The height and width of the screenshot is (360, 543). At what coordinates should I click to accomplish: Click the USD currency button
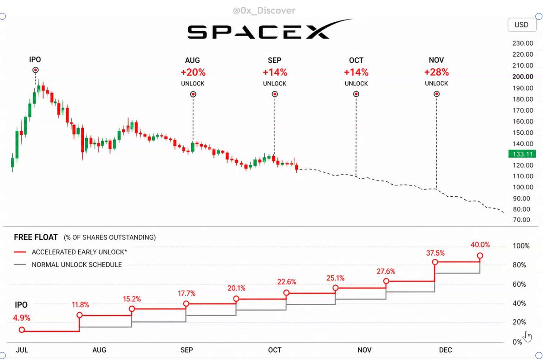click(522, 25)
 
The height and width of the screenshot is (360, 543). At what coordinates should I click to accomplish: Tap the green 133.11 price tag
click(522, 154)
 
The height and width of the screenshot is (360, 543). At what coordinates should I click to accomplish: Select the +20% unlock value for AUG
click(193, 72)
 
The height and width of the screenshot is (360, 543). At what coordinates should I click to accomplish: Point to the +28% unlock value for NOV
click(436, 72)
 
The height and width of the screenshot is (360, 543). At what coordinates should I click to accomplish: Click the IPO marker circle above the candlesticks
click(35, 70)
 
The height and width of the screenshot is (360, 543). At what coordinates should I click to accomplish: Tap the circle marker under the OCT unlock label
click(356, 94)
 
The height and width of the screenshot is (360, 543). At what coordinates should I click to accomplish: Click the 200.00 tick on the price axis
click(523, 76)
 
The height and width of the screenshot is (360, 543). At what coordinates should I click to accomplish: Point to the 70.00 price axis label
click(521, 220)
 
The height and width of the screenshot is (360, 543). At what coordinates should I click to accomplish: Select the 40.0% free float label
click(480, 245)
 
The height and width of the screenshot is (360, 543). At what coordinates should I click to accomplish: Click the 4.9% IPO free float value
click(22, 317)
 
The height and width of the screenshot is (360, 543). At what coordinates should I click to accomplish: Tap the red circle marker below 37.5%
click(435, 262)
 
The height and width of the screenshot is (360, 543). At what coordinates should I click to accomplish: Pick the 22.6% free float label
click(286, 282)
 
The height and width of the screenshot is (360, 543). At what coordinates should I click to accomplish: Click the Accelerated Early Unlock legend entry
click(70, 252)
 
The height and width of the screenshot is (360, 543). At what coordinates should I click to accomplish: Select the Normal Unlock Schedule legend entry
click(68, 265)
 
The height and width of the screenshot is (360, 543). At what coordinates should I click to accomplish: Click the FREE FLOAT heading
click(36, 237)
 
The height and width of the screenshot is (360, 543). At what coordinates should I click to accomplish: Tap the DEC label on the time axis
click(446, 350)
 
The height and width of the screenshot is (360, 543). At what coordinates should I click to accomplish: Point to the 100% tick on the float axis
click(521, 246)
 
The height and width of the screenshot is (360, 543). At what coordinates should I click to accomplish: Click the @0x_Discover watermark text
click(264, 10)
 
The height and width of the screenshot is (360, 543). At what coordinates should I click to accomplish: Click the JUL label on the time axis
click(22, 350)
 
